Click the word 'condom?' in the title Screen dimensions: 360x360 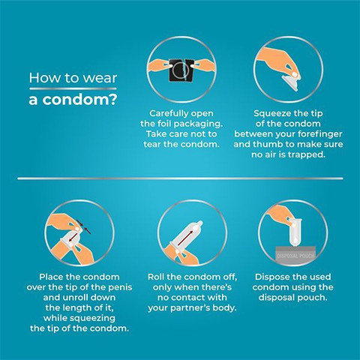coord(79,100)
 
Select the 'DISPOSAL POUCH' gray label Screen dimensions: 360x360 coord(295,256)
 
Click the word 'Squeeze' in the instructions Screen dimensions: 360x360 coord(272,114)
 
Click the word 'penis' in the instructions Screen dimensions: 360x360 coord(120,288)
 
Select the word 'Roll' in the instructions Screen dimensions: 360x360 coord(156,277)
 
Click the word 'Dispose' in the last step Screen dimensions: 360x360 coord(271,277)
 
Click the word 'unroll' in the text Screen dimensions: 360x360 coord(79,298)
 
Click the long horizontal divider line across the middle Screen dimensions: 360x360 coord(180,178)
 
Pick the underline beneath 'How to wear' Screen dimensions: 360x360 coord(73,88)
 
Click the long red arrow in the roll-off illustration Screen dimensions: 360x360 coord(186,238)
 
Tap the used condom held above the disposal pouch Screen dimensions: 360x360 coord(295,232)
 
